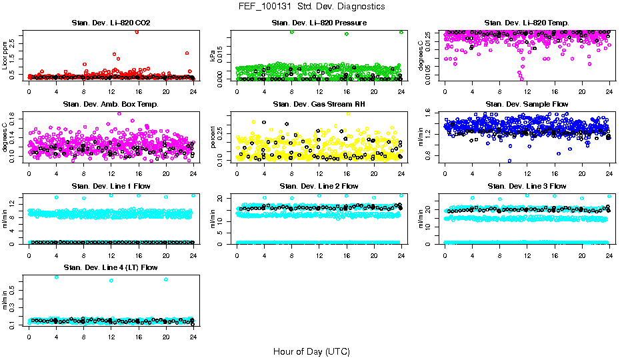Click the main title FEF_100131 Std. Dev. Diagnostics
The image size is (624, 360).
point(311,7)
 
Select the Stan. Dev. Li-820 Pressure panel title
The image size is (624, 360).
point(319,23)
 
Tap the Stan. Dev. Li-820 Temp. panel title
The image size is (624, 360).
point(527,23)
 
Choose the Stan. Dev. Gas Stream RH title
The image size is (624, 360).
point(319,105)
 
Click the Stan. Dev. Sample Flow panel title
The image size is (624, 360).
point(527,105)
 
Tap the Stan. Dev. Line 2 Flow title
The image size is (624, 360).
point(319,186)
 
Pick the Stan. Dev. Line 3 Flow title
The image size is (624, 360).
point(527,186)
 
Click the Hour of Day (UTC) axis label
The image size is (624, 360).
point(311,351)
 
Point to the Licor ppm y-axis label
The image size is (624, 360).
point(5,55)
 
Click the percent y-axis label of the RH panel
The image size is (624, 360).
point(213,137)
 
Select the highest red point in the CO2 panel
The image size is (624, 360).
point(137,31)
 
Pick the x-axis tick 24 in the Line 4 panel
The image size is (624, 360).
point(193,337)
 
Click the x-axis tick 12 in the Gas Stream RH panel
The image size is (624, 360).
point(319,173)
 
